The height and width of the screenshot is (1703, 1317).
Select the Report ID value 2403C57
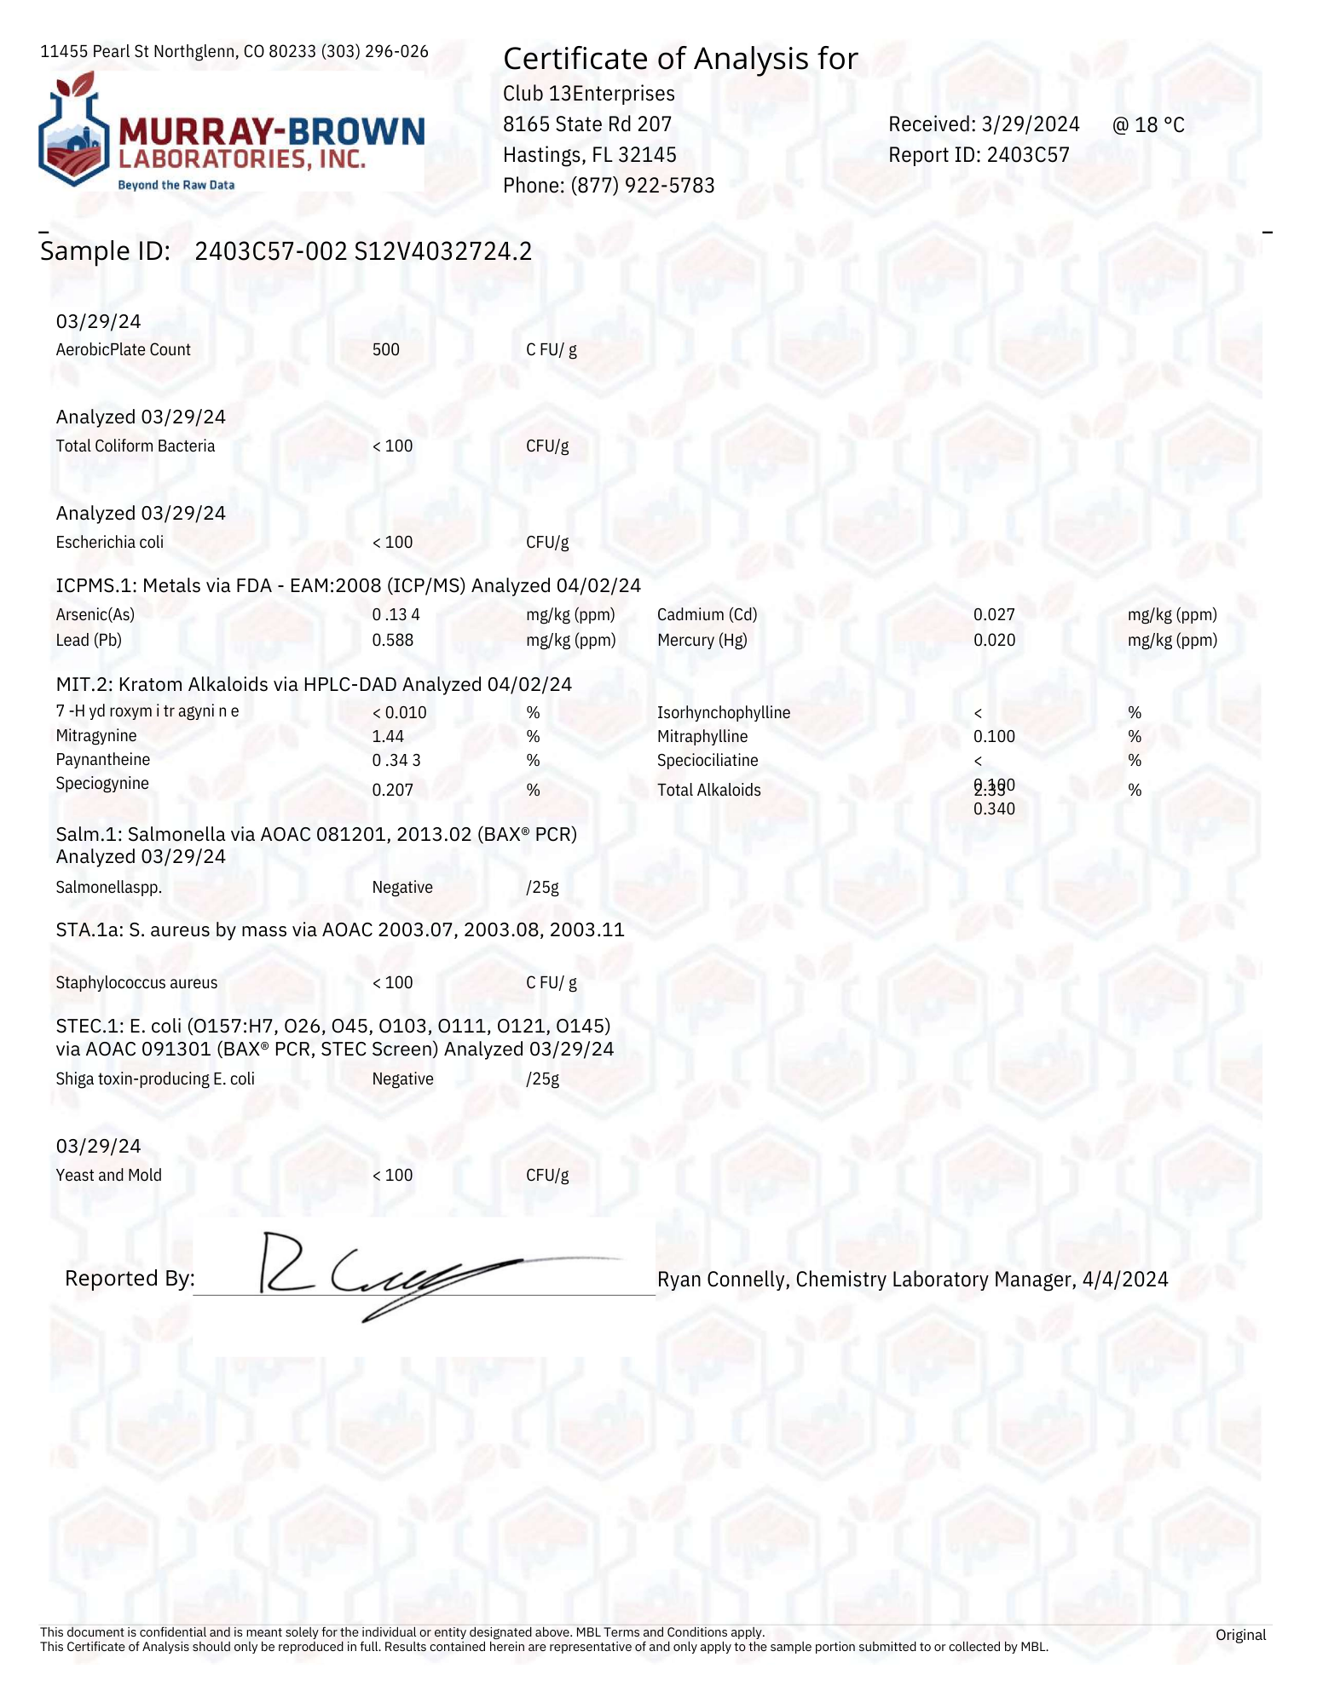(x=1028, y=155)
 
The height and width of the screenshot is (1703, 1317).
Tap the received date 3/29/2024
(x=1031, y=124)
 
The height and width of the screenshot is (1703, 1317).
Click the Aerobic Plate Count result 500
(x=385, y=350)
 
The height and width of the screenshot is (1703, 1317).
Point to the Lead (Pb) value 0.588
(x=392, y=641)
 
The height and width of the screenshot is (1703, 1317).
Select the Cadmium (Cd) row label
(x=707, y=615)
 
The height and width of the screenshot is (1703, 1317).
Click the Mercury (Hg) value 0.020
(x=994, y=641)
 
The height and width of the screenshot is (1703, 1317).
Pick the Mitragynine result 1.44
(x=388, y=737)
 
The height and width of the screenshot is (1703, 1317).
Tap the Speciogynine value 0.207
(x=392, y=791)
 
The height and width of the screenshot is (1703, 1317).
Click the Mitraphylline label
(x=702, y=737)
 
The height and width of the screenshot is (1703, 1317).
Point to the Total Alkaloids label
(x=708, y=791)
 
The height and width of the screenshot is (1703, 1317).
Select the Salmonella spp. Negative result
(x=402, y=888)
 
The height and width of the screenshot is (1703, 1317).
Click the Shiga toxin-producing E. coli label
(x=155, y=1079)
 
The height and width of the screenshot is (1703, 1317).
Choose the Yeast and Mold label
(x=108, y=1176)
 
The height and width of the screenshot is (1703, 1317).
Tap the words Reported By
(x=130, y=1279)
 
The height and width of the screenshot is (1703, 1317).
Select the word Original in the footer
(x=1240, y=1635)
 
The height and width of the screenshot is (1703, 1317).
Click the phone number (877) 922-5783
(x=641, y=186)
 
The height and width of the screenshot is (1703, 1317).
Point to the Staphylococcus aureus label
(x=136, y=983)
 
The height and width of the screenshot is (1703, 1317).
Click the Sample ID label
(x=105, y=251)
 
